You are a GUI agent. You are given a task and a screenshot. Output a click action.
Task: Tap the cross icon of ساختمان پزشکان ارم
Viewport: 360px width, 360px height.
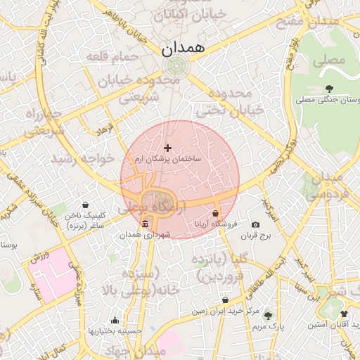[x=167, y=148]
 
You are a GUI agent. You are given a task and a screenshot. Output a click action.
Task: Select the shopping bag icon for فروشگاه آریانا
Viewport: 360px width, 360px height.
[x=215, y=213]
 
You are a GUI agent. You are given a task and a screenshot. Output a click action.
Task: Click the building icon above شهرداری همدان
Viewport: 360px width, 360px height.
[x=146, y=224]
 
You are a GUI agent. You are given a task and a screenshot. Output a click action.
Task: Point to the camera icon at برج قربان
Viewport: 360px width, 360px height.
[x=255, y=225]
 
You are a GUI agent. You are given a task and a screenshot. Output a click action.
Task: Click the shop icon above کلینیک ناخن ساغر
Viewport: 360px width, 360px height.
[x=86, y=205]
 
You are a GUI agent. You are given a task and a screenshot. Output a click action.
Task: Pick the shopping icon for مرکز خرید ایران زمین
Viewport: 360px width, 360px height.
[x=225, y=300]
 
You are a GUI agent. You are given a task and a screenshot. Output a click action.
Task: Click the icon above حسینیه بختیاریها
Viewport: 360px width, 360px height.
[x=115, y=321]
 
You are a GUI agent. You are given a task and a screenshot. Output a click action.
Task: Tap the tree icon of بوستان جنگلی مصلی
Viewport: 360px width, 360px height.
[x=330, y=88]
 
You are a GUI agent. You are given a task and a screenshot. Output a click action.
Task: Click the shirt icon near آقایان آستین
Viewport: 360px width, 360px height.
[x=344, y=314]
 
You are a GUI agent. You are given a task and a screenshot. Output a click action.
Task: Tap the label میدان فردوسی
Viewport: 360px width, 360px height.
[x=329, y=184]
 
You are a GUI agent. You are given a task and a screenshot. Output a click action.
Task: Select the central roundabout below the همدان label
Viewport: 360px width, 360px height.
[x=174, y=67]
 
